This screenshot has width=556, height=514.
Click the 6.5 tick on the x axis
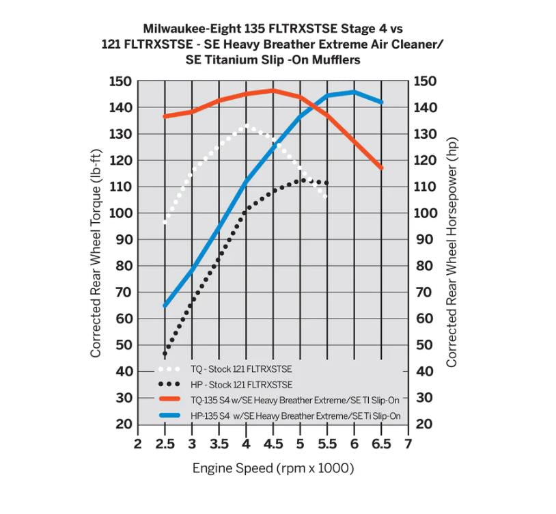point(380,445)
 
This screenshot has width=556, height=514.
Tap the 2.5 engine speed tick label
point(165,445)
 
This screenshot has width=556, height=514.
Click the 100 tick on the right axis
point(426,213)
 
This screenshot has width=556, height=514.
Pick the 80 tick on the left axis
point(123,266)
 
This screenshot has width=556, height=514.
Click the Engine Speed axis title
point(273,468)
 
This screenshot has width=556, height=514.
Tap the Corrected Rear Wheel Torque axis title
point(96,253)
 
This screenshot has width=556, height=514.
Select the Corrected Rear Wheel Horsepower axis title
point(451,253)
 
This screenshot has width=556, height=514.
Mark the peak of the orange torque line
point(273,90)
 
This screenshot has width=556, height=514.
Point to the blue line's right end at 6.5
point(381,102)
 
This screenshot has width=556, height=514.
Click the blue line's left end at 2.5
point(165,306)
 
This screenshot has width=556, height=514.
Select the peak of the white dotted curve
point(247,126)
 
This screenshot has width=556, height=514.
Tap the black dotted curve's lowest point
point(165,354)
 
